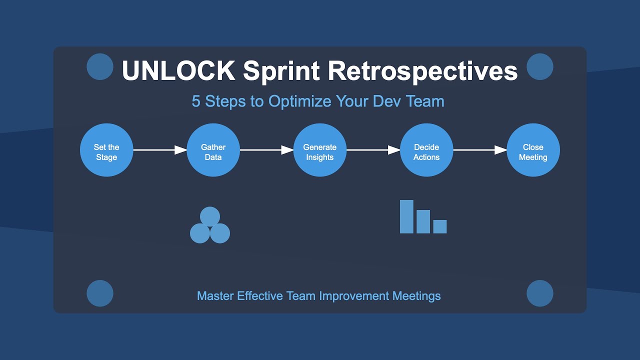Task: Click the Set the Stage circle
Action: click(x=106, y=150)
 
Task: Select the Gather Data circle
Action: click(x=213, y=150)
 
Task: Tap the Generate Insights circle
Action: click(x=320, y=150)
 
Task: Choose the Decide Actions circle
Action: click(x=426, y=150)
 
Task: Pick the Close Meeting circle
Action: click(x=533, y=150)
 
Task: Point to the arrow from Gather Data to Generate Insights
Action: click(x=266, y=150)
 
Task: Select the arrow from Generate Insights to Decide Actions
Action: click(x=373, y=150)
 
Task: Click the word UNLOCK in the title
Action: click(x=178, y=71)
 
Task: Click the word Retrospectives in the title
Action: click(x=422, y=71)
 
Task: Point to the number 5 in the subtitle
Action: click(x=196, y=101)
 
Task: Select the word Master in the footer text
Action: click(x=215, y=296)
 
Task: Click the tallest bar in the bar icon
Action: click(x=406, y=216)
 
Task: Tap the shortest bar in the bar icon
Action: click(x=440, y=226)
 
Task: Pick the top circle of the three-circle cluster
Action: click(x=210, y=216)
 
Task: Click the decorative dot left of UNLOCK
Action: click(x=100, y=66)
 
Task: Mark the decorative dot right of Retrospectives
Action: click(x=540, y=66)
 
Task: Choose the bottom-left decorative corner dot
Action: click(x=100, y=293)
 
